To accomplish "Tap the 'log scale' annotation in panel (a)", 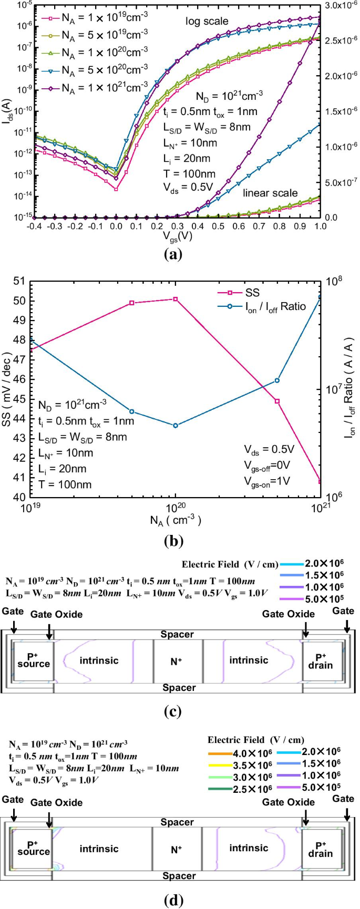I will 207,22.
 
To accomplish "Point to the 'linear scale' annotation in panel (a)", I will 270,193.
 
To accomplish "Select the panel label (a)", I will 173,255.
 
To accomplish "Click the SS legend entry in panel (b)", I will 252,293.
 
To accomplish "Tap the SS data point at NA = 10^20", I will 176,299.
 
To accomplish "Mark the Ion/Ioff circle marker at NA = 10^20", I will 176,426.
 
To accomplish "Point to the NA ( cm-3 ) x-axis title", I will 176,520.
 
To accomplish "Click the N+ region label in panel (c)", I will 177,662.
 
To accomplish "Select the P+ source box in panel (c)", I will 33,661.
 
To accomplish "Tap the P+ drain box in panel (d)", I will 321,850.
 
